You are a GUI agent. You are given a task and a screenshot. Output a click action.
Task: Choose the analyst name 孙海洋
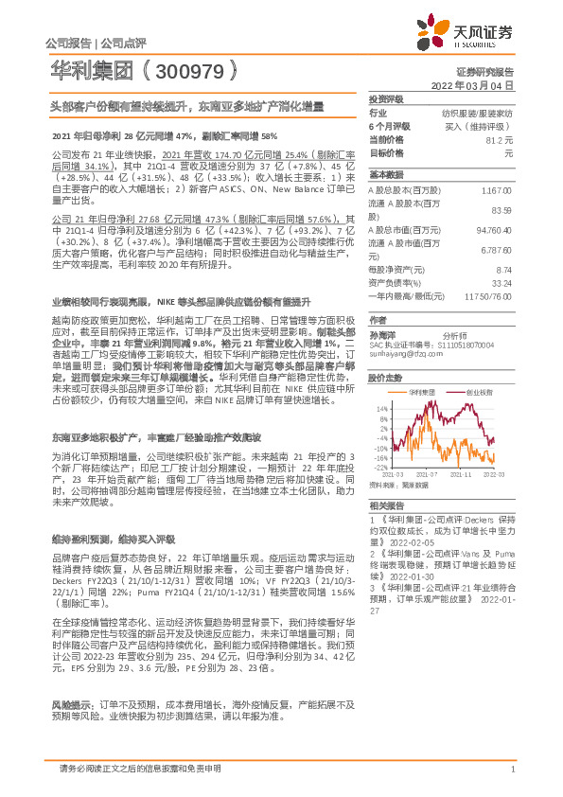pos(383,335)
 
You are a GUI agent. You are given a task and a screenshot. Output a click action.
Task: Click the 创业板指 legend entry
pos(475,390)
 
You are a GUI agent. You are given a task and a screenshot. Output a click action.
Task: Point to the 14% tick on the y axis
pos(380,409)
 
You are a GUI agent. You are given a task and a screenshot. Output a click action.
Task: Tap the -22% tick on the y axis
pos(379,468)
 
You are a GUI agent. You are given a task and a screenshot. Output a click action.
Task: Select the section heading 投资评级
pos(386,98)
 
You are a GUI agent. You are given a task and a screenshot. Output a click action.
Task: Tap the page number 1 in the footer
pos(511,768)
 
